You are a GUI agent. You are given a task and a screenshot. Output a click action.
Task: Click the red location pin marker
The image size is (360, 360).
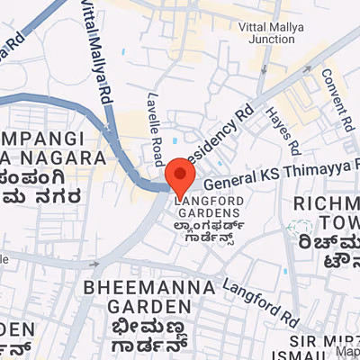click(x=181, y=173)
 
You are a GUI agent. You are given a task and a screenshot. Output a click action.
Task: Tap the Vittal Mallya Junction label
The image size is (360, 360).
click(x=274, y=34)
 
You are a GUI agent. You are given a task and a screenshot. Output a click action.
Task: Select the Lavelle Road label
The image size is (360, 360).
click(x=155, y=118)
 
